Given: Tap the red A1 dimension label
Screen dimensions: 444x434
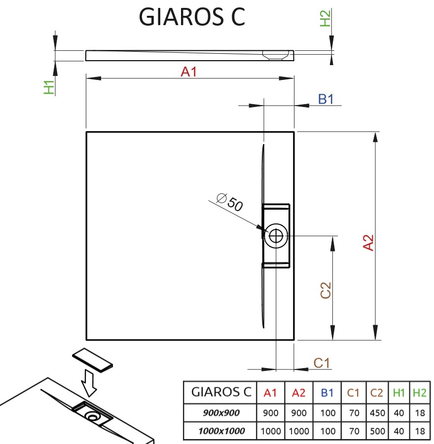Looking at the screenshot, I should pyautogui.click(x=189, y=72).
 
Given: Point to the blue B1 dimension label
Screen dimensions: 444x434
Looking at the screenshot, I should pyautogui.click(x=325, y=99).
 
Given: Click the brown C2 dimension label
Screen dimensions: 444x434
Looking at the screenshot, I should pyautogui.click(x=325, y=290).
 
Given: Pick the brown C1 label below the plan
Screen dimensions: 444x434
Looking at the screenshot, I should pyautogui.click(x=322, y=363).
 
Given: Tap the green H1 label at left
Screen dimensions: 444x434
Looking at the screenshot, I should pyautogui.click(x=49, y=87).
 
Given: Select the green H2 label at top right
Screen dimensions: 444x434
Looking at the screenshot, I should pyautogui.click(x=325, y=18).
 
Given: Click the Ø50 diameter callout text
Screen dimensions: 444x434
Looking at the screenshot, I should pyautogui.click(x=230, y=202).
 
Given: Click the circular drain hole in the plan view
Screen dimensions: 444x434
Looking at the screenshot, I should pyautogui.click(x=276, y=236).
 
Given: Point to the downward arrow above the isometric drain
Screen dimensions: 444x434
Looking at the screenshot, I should pyautogui.click(x=89, y=382).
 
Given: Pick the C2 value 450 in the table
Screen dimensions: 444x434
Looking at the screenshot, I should pyautogui.click(x=377, y=413).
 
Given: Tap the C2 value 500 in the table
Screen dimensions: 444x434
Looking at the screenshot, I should pyautogui.click(x=377, y=431).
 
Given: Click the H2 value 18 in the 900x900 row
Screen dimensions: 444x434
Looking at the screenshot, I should pyautogui.click(x=420, y=413).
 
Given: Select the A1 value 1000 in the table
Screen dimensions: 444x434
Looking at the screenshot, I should pyautogui.click(x=270, y=431).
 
